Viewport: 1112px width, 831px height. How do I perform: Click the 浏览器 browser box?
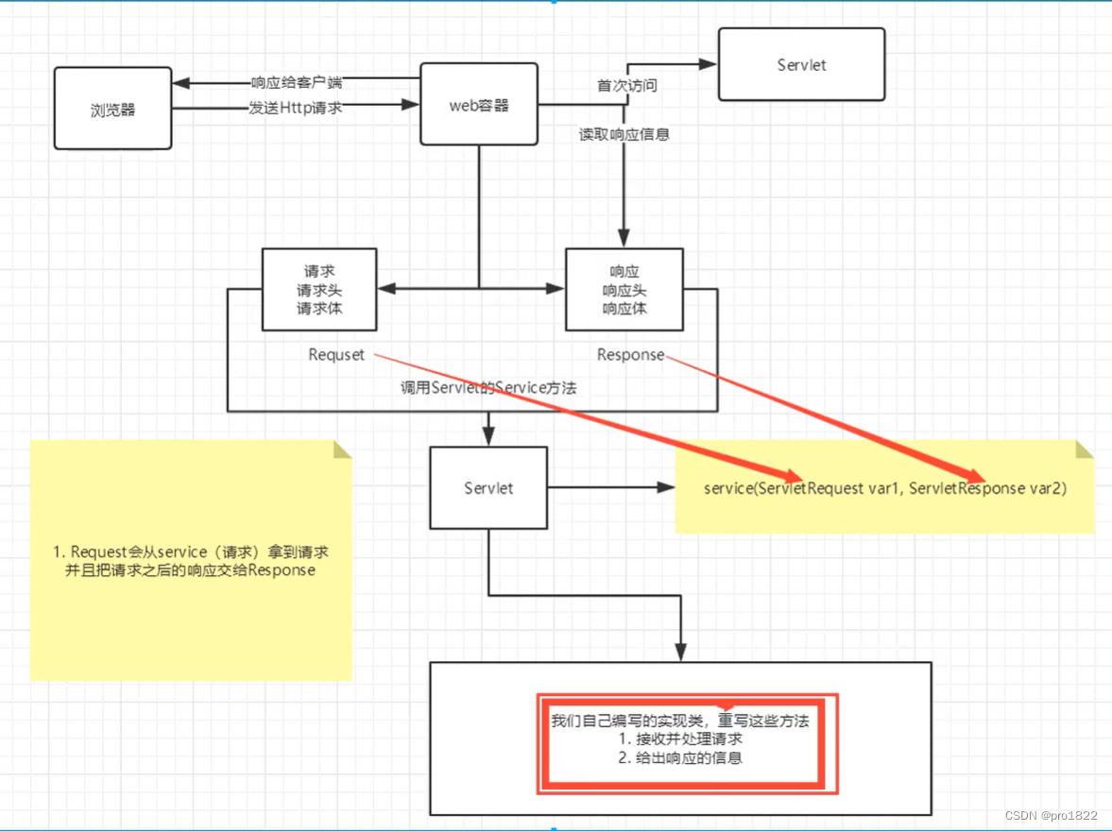pyautogui.click(x=112, y=109)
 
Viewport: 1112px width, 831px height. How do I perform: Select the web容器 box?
pyautogui.click(x=478, y=104)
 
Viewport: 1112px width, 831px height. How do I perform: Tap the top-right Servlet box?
pyautogui.click(x=801, y=64)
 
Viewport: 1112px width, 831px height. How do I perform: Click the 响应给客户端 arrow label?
pyautogui.click(x=296, y=82)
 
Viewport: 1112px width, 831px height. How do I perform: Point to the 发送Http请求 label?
pyautogui.click(x=295, y=109)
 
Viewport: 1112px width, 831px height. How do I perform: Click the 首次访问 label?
pyautogui.click(x=626, y=85)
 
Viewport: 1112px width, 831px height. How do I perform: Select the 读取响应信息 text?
pyautogui.click(x=624, y=134)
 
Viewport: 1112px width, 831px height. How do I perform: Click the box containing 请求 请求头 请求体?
pyautogui.click(x=318, y=289)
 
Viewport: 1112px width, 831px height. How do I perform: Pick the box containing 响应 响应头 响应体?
pyautogui.click(x=624, y=289)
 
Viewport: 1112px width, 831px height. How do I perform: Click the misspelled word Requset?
pyautogui.click(x=336, y=355)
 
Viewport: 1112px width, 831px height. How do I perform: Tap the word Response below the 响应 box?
pyautogui.click(x=630, y=355)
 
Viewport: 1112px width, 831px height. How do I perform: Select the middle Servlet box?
pyautogui.click(x=488, y=488)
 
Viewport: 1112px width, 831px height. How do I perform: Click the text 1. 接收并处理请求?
pyautogui.click(x=680, y=738)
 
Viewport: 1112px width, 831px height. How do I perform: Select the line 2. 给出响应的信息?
pyautogui.click(x=680, y=757)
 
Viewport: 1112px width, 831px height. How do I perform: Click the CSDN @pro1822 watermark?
pyautogui.click(x=1051, y=815)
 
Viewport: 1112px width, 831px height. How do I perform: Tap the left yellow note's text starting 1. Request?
pyautogui.click(x=191, y=561)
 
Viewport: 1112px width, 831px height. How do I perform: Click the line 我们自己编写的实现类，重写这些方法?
pyautogui.click(x=680, y=721)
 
